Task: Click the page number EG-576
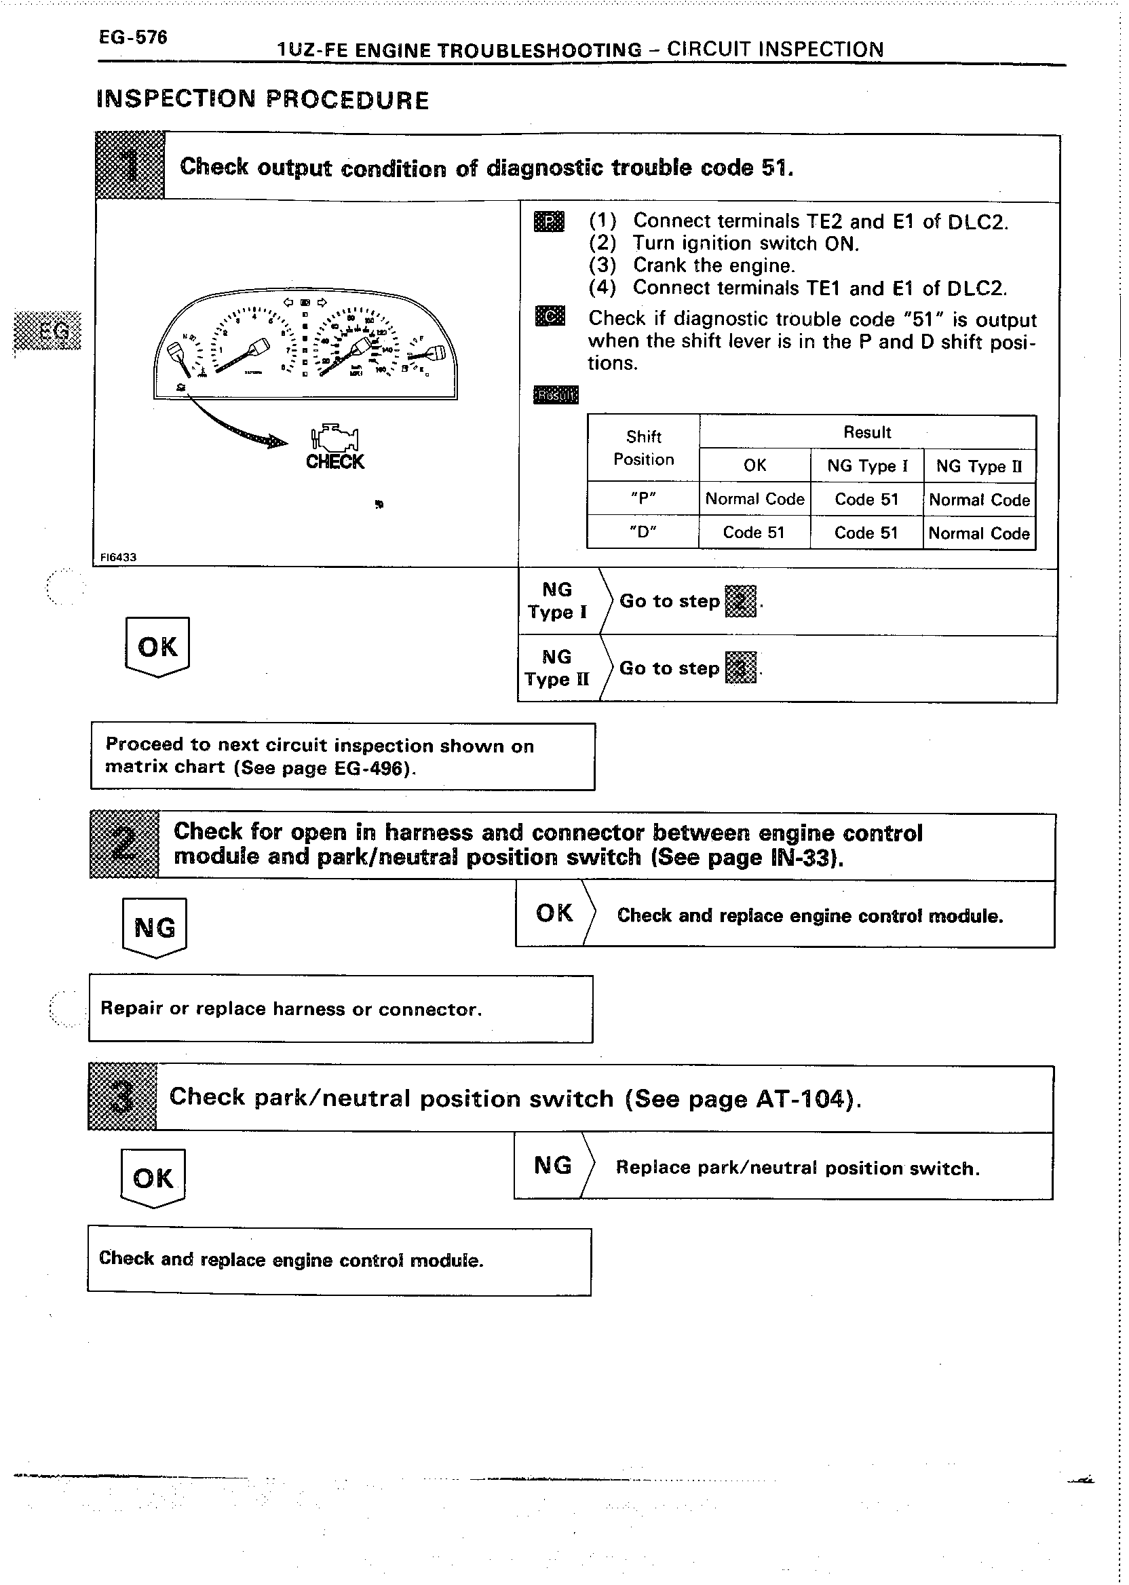point(133,37)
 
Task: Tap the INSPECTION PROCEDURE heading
point(262,100)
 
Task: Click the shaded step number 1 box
point(130,166)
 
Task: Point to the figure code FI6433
point(118,557)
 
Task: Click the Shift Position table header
point(643,448)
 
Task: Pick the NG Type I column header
point(867,465)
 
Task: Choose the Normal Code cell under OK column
point(754,499)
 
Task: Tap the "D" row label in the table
point(643,533)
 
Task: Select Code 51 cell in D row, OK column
point(754,533)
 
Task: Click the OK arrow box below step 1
point(158,647)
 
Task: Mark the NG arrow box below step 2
point(154,928)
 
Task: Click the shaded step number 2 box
point(124,845)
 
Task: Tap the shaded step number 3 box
point(122,1097)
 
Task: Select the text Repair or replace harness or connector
point(290,1009)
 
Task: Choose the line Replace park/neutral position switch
point(797,1168)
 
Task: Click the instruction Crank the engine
point(713,265)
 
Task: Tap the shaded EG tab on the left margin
point(48,331)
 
